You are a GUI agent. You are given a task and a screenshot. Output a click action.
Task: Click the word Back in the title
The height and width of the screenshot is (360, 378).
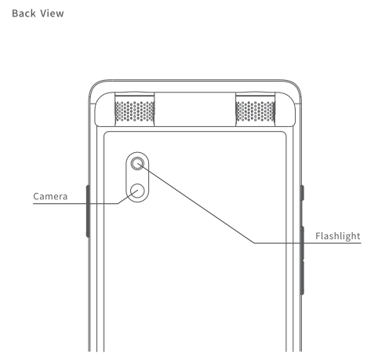24,13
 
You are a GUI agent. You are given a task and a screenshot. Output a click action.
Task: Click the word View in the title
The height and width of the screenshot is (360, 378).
53,13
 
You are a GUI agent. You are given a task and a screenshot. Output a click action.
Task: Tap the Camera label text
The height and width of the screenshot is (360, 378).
50,196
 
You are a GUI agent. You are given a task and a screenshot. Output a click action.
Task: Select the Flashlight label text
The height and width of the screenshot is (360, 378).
338,236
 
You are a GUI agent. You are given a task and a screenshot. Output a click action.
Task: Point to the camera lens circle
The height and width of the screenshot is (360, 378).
137,191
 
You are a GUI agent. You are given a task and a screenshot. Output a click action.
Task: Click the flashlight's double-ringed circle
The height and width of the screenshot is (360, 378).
137,163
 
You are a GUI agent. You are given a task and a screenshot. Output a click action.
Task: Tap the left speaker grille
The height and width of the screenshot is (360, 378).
135,111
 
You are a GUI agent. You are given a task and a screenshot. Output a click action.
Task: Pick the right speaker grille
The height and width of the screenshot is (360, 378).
256,111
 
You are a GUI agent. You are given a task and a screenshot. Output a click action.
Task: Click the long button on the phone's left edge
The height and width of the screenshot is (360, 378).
88,211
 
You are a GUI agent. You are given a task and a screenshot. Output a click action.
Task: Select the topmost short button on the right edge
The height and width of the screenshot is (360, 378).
302,193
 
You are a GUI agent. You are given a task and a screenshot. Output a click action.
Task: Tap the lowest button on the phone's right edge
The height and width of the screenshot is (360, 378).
302,277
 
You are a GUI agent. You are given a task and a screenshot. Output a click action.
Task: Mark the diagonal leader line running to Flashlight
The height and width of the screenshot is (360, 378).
196,203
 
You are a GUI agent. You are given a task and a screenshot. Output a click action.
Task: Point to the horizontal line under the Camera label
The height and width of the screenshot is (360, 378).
75,203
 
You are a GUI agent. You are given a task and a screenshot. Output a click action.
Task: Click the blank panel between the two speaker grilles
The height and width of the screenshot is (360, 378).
195,109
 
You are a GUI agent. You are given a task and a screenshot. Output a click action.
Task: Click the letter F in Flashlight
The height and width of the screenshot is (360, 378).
318,236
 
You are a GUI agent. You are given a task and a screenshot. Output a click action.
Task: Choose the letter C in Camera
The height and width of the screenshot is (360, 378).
36,197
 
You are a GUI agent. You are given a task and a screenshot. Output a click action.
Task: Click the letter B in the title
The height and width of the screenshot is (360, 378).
15,13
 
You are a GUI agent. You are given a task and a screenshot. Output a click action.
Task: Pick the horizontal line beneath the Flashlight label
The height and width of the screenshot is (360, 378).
307,243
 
